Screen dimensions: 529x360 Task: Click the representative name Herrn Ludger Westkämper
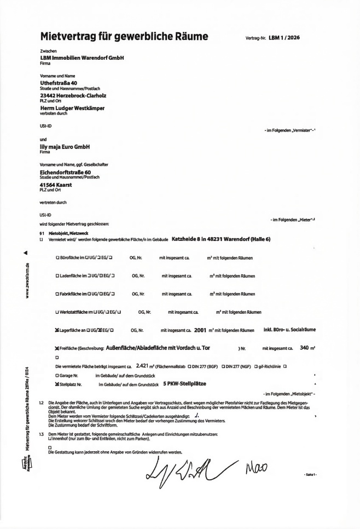pos(72,108)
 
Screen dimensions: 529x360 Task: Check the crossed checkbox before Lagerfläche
pos(57,330)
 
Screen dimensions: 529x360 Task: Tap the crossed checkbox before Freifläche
pos(57,348)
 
